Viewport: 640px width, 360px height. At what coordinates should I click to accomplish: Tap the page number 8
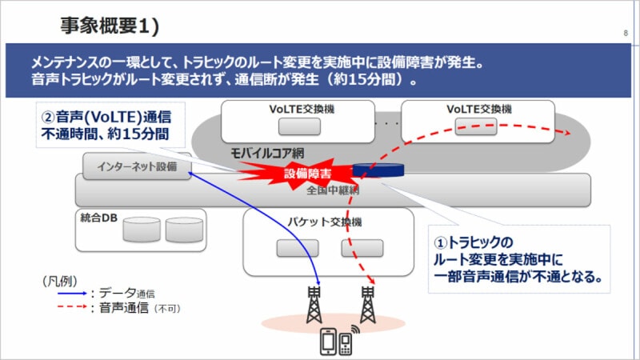624,34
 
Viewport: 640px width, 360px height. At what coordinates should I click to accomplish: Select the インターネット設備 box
137,166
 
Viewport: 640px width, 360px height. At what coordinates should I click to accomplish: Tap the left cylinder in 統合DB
142,230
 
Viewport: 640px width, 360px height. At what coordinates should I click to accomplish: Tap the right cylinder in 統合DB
184,230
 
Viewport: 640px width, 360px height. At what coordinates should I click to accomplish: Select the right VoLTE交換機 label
479,109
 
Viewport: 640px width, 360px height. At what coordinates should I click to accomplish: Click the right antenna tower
368,304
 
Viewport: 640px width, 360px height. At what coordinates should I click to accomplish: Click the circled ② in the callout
47,116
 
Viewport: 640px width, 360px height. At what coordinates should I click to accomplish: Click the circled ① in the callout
441,242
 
